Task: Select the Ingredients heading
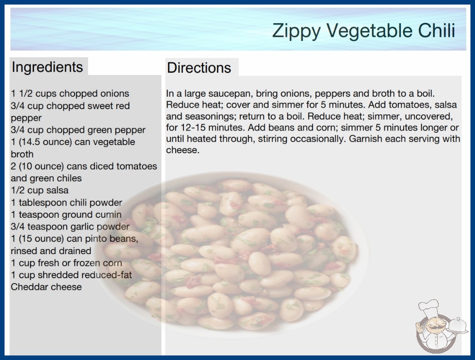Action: (47, 67)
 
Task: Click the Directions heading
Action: (199, 68)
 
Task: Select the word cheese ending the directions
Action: (183, 150)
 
